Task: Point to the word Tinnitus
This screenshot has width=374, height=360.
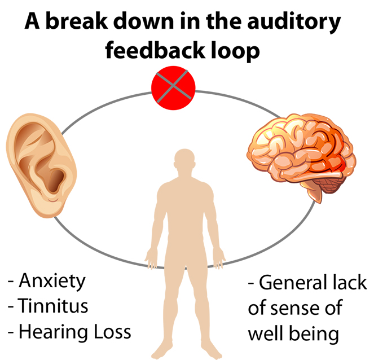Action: [x=54, y=306]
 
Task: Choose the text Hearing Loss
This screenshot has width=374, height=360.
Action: [x=74, y=332]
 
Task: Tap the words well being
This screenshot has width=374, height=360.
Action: [x=293, y=333]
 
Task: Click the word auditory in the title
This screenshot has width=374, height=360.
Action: [x=293, y=22]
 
